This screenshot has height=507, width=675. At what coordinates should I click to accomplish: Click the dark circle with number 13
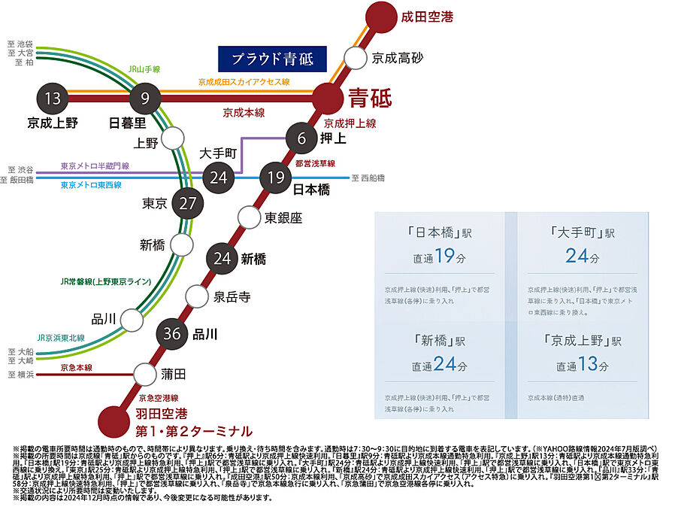click(x=52, y=98)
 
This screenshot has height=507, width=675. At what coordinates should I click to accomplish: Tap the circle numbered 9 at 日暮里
click(x=145, y=98)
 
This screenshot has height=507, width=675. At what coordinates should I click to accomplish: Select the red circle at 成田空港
click(x=381, y=17)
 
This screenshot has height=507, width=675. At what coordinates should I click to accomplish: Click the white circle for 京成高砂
click(x=355, y=57)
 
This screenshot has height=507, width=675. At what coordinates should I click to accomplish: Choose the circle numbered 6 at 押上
click(x=301, y=138)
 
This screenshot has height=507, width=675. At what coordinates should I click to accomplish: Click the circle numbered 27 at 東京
click(x=188, y=203)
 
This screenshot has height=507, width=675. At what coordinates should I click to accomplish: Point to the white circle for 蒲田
click(x=144, y=373)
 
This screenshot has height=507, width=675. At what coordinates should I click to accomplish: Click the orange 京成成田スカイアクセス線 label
click(x=244, y=81)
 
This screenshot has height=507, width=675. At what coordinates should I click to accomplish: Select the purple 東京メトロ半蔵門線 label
click(x=95, y=166)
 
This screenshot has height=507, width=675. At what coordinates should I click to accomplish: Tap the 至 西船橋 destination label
click(x=368, y=178)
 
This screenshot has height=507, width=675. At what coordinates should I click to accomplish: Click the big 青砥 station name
click(x=370, y=98)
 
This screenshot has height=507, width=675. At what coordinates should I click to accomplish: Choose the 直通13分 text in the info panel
click(x=583, y=366)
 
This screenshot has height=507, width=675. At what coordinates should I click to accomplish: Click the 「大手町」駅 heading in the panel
click(x=582, y=232)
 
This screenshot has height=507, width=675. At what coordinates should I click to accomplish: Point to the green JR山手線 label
click(x=144, y=69)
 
